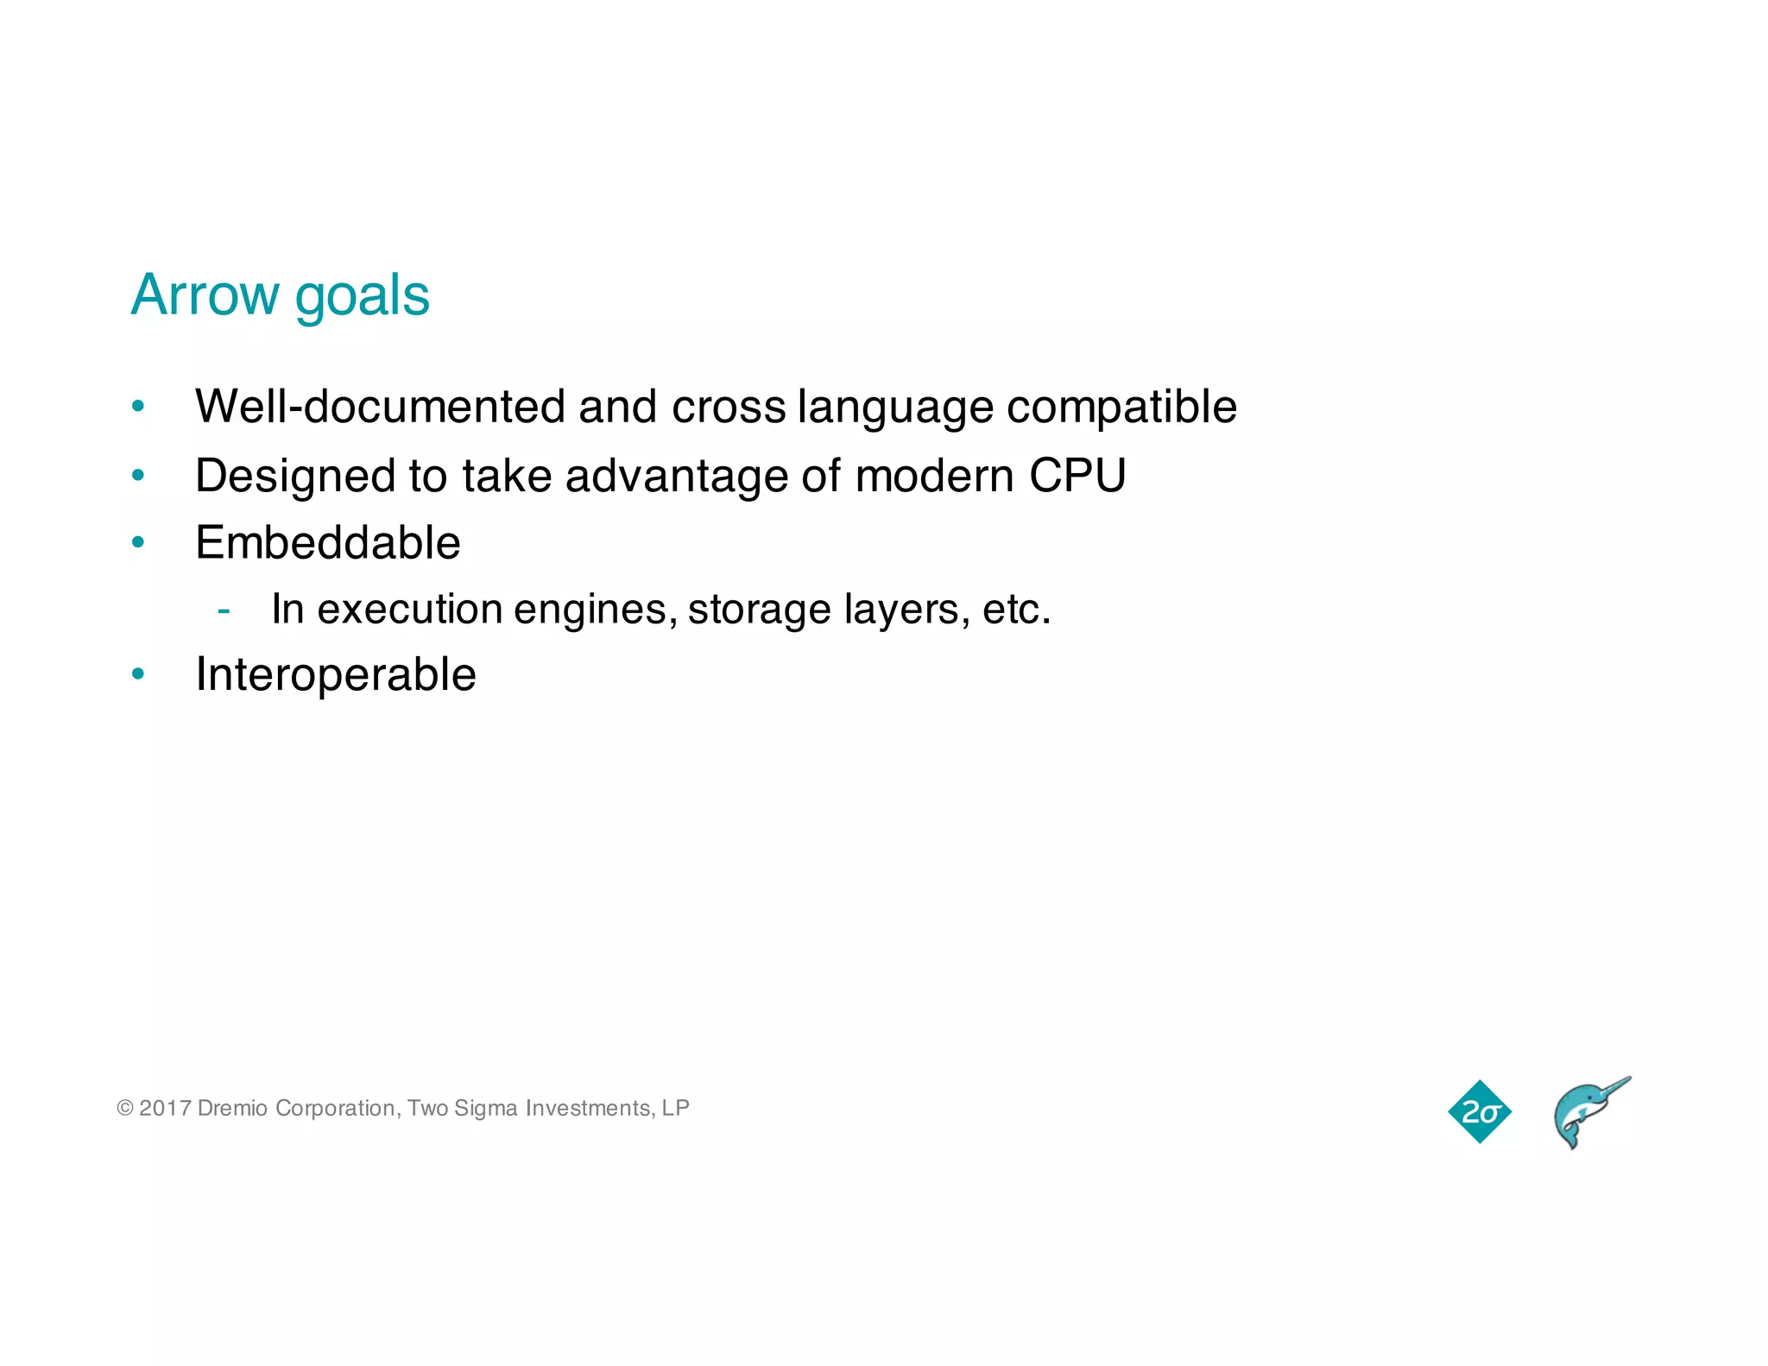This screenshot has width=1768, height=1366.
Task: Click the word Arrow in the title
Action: [205, 295]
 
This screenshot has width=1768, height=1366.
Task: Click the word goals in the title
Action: [362, 298]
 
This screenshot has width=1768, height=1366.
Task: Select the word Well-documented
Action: [380, 406]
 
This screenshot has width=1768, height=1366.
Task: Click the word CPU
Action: [1077, 476]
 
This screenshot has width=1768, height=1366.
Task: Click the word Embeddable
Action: [328, 543]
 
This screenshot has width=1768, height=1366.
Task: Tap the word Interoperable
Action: [336, 674]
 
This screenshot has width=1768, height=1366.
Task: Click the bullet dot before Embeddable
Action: [138, 542]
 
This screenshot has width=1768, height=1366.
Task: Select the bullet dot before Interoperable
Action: [138, 674]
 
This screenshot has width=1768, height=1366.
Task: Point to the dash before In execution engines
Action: [224, 610]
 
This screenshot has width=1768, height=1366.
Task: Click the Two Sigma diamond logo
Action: [1480, 1111]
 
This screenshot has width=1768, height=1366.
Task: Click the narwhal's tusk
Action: [1611, 1088]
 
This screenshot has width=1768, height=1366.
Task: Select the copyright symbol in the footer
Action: [125, 1108]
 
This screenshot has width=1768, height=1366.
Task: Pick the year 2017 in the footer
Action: [165, 1108]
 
